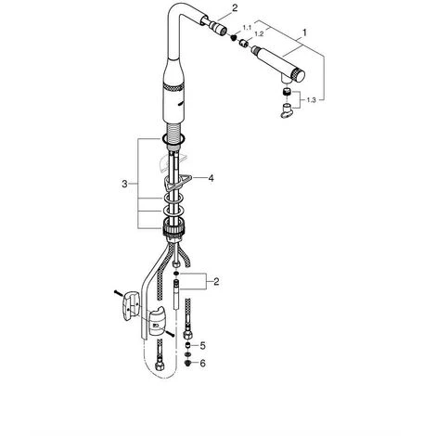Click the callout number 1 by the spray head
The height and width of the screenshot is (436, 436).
coord(304,32)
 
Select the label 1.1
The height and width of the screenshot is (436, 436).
coord(247,28)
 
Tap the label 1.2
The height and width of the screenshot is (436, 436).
coord(259,34)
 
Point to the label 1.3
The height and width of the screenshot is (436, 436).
coord(312,100)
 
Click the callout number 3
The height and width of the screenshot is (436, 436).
coord(124,185)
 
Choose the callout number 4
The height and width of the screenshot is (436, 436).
coord(211,178)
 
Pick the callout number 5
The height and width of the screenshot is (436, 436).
coord(202,346)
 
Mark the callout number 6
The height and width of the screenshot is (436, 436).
coord(202,364)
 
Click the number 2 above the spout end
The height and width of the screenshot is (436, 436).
coord(235,8)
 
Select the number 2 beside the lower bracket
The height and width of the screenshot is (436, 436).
coord(216,282)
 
